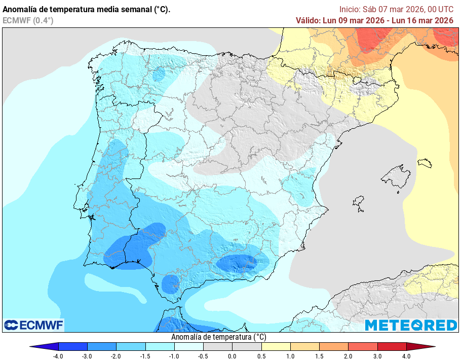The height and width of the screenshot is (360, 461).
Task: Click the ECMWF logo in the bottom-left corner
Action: click(33, 325)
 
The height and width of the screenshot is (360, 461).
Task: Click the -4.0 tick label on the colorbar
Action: click(59, 356)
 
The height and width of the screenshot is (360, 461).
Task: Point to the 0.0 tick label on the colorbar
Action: click(233, 356)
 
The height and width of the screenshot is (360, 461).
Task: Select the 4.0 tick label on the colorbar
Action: click(406, 356)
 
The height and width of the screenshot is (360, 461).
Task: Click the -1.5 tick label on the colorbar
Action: click(145, 356)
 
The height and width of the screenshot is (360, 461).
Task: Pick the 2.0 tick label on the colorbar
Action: click(349, 356)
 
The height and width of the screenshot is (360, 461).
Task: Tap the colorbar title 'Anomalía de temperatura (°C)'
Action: click(218, 337)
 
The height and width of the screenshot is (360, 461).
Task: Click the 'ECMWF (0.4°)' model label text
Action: click(28, 20)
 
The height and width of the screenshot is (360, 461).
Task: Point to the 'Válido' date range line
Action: click(374, 20)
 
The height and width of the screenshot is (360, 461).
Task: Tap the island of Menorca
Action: click(425, 163)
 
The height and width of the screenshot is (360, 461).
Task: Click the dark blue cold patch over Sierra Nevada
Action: click(237, 263)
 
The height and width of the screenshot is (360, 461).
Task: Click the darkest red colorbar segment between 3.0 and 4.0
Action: click(392, 347)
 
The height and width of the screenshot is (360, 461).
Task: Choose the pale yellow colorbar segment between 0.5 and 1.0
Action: click(276, 347)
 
